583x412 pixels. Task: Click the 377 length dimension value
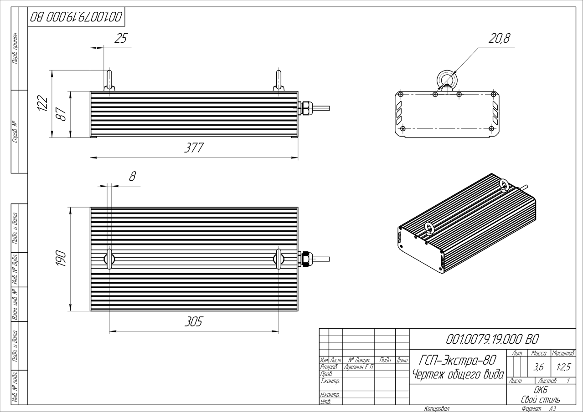(x=194, y=148)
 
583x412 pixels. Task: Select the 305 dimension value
(x=193, y=321)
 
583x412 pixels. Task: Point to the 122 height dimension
(x=42, y=103)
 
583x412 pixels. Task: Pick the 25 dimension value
(x=120, y=39)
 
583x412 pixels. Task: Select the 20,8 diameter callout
(x=499, y=39)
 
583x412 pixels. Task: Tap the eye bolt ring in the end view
(x=446, y=79)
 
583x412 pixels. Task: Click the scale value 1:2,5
(x=563, y=366)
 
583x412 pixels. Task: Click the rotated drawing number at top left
(x=76, y=18)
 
